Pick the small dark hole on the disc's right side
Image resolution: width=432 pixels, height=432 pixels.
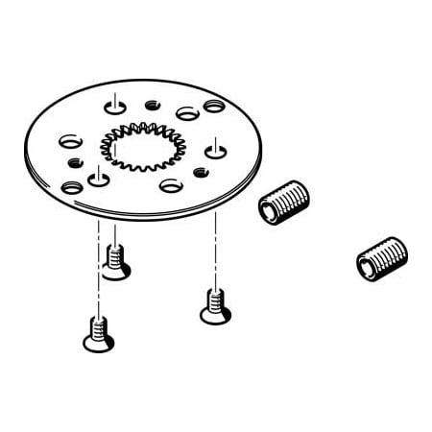click(201, 172)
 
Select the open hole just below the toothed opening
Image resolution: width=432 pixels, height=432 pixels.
click(171, 184)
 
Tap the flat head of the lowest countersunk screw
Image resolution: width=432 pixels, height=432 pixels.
click(98, 343)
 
